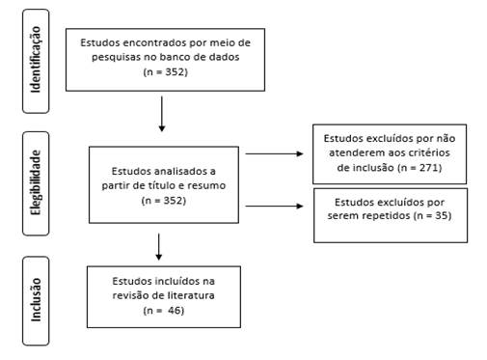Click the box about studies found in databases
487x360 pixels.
click(164, 58)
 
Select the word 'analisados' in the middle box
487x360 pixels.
click(179, 171)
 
